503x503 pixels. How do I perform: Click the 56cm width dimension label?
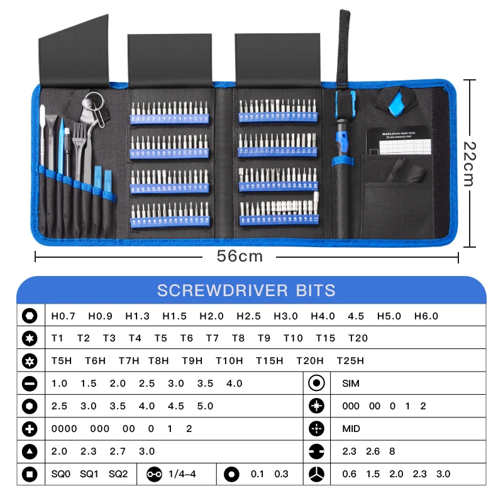click(240, 257)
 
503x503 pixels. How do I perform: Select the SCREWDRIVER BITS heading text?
click(246, 290)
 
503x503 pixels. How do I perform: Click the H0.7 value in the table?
click(63, 316)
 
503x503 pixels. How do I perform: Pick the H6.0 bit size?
click(426, 316)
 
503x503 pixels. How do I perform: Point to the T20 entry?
click(358, 338)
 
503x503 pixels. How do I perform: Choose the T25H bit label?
click(350, 361)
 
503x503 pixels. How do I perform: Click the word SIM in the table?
click(351, 384)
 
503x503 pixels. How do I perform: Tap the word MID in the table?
click(351, 429)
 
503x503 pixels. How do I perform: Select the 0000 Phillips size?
click(64, 429)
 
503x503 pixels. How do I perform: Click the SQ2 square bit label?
click(118, 474)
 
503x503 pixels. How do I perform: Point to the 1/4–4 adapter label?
click(182, 474)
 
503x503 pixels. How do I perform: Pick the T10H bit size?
click(229, 361)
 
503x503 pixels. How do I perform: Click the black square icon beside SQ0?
click(29, 474)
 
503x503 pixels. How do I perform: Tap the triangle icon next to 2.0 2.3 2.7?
click(29, 451)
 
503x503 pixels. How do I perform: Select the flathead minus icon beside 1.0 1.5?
click(29, 384)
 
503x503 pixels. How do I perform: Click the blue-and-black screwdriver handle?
click(344, 138)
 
